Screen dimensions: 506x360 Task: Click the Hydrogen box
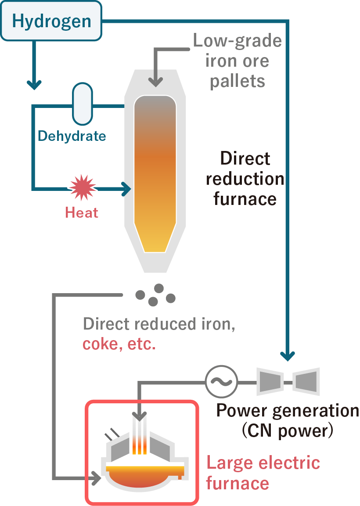pyautogui.click(x=51, y=21)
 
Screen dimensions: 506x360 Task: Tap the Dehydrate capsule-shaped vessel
pyautogui.click(x=83, y=104)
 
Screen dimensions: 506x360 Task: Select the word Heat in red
pyautogui.click(x=82, y=213)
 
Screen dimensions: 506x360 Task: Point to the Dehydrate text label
pyautogui.click(x=72, y=136)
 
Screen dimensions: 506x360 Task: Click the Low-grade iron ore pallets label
pyautogui.click(x=237, y=61)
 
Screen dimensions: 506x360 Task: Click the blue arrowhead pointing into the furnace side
pyautogui.click(x=127, y=189)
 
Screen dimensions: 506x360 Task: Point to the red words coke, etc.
pyautogui.click(x=119, y=344)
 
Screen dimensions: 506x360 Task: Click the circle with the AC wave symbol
pyautogui.click(x=221, y=381)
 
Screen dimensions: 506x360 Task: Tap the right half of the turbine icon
pyautogui.click(x=306, y=381)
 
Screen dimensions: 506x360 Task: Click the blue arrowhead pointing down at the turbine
pyautogui.click(x=288, y=355)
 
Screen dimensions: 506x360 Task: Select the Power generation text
pyautogui.click(x=288, y=411)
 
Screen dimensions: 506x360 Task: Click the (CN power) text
pyautogui.click(x=288, y=431)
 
